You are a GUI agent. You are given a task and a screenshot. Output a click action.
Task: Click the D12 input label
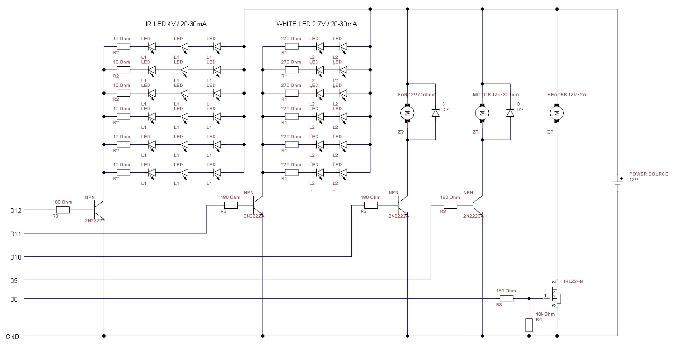pyautogui.click(x=16, y=211)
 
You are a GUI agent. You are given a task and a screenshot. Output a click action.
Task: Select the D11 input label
pyautogui.click(x=16, y=233)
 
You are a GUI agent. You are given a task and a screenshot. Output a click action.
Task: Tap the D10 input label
pyautogui.click(x=16, y=257)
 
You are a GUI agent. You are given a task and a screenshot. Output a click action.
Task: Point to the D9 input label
pyautogui.click(x=14, y=280)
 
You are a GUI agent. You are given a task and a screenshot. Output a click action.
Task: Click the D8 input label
pyautogui.click(x=14, y=299)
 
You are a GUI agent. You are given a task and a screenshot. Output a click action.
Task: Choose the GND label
pyautogui.click(x=12, y=336)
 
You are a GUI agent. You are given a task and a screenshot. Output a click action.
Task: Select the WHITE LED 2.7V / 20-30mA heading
pyautogui.click(x=316, y=24)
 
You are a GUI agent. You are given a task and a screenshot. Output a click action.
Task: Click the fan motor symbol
pyautogui.click(x=407, y=113)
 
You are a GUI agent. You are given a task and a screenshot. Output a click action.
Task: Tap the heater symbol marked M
pyautogui.click(x=557, y=113)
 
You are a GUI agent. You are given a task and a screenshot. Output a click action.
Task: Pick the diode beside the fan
pyautogui.click(x=435, y=113)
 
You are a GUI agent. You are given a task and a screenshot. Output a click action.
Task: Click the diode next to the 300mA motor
pyautogui.click(x=510, y=113)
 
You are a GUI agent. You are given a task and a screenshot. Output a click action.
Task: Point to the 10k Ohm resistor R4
pyautogui.click(x=529, y=325)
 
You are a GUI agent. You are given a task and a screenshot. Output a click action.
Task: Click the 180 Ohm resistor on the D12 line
pyautogui.click(x=63, y=210)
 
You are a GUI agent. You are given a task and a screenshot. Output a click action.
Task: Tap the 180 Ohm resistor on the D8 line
pyautogui.click(x=506, y=299)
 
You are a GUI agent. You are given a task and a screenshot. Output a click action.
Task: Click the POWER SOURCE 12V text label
pyautogui.click(x=648, y=176)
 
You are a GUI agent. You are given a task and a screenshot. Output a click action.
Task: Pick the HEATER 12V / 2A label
pyautogui.click(x=567, y=95)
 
